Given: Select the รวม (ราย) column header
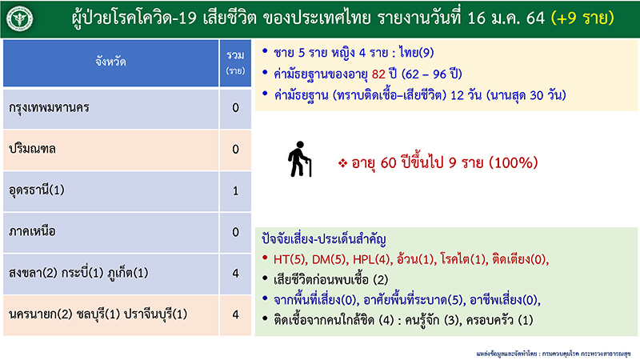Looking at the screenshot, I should (x=235, y=61).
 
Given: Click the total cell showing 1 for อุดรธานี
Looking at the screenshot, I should (x=235, y=190).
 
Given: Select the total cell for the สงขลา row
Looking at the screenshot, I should (x=235, y=274).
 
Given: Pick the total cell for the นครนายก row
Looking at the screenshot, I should (x=235, y=314).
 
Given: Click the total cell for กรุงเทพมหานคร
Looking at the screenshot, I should (x=235, y=107).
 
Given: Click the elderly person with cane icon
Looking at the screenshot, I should (x=301, y=159).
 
